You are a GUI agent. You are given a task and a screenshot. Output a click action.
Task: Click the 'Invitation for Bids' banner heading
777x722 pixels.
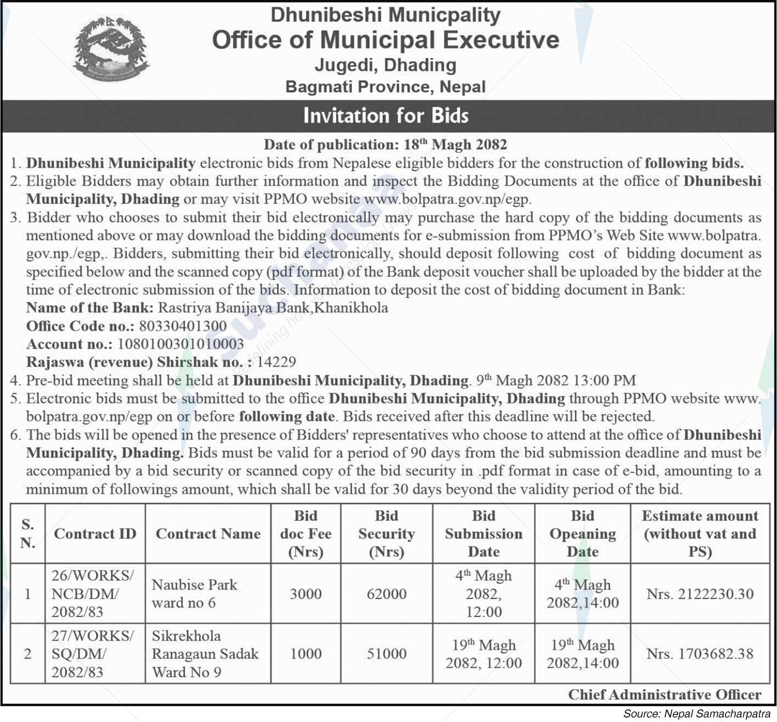pyautogui.click(x=386, y=116)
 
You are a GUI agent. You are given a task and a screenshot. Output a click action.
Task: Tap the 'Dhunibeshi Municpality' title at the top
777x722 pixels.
pyautogui.click(x=386, y=14)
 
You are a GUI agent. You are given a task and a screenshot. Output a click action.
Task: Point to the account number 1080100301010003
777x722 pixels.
pyautogui.click(x=180, y=343)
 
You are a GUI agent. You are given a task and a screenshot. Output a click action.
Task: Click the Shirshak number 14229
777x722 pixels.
pyautogui.click(x=276, y=362)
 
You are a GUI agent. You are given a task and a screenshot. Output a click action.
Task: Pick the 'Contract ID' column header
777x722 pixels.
pyautogui.click(x=95, y=533)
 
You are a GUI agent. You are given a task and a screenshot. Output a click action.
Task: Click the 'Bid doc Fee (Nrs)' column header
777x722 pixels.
pyautogui.click(x=305, y=533)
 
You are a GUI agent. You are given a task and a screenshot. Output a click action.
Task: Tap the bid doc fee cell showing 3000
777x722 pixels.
pyautogui.click(x=305, y=594)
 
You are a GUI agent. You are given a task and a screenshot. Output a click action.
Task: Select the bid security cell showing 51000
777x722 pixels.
pyautogui.click(x=386, y=654)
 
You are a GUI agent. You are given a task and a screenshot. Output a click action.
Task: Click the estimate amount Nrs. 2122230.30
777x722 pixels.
pyautogui.click(x=699, y=594)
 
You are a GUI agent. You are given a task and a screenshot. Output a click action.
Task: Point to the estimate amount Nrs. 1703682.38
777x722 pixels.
pyautogui.click(x=699, y=654)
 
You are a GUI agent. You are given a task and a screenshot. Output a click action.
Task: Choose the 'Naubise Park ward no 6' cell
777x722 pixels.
pyautogui.click(x=194, y=594)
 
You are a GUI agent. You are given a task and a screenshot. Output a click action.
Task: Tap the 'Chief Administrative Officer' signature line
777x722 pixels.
pyautogui.click(x=664, y=694)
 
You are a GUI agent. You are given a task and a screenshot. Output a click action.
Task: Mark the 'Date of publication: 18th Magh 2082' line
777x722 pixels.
pyautogui.click(x=386, y=144)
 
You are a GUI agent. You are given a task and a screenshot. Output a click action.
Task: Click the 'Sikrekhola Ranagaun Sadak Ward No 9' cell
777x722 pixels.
pyautogui.click(x=205, y=654)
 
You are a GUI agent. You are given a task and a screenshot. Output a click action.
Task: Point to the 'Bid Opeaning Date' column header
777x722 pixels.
pyautogui.click(x=582, y=533)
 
